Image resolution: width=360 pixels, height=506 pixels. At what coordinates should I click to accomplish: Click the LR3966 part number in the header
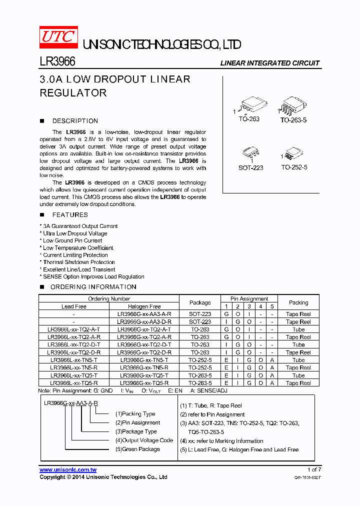(x=57, y=62)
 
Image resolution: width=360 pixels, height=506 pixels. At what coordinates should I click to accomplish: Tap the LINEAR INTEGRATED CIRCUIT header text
(x=270, y=63)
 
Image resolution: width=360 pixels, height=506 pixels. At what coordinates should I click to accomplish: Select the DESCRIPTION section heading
(x=75, y=121)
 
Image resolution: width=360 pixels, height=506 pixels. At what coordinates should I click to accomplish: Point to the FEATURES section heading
(x=70, y=215)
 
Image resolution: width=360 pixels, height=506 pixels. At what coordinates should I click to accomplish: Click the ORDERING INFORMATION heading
(x=93, y=287)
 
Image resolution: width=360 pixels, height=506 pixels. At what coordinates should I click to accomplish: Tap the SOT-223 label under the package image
(x=250, y=168)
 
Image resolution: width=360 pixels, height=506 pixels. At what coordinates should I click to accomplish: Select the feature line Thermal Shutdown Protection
(x=78, y=262)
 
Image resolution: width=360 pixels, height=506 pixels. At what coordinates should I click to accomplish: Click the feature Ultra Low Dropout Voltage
(x=75, y=233)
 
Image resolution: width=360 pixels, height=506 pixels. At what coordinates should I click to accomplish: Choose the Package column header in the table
(x=200, y=302)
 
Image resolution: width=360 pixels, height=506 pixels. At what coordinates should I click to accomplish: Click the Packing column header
(x=298, y=302)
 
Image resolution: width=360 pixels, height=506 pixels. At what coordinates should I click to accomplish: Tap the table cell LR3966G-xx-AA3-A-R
(x=144, y=314)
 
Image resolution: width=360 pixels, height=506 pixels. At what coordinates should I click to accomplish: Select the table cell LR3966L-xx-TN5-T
(x=74, y=360)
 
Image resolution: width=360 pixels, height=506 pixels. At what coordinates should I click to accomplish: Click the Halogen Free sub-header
(x=144, y=306)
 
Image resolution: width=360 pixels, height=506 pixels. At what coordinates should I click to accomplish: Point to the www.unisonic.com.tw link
(x=68, y=470)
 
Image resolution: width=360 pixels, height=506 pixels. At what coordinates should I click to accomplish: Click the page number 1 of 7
(x=313, y=470)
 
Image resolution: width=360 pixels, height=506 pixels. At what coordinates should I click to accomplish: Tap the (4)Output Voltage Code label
(x=144, y=440)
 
